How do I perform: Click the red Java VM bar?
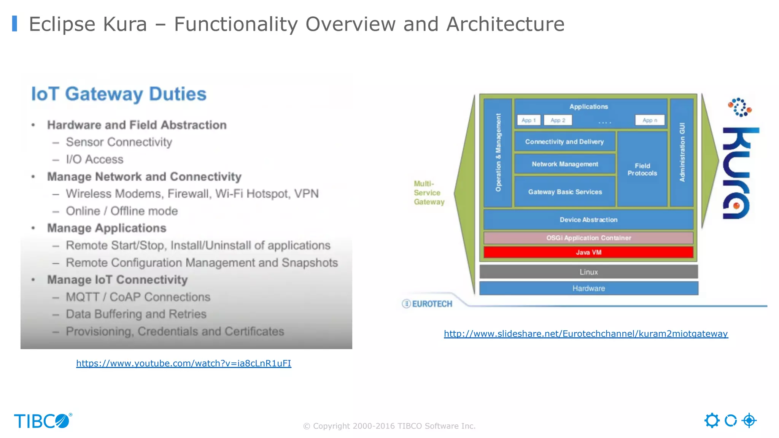click(588, 252)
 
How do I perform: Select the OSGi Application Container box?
click(588, 238)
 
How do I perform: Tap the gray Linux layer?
click(588, 272)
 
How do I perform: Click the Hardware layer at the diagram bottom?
click(588, 288)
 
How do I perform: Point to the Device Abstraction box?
click(588, 220)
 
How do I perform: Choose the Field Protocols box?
click(642, 170)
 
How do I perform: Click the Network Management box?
click(565, 164)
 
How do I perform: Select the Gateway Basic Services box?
click(565, 192)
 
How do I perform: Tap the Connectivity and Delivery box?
click(564, 142)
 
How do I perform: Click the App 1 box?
click(528, 120)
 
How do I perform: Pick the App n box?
click(650, 120)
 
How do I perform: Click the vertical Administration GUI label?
click(682, 152)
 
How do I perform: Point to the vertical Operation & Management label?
click(498, 152)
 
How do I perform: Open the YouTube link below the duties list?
click(184, 363)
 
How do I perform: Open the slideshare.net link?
click(586, 334)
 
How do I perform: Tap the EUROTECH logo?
click(428, 304)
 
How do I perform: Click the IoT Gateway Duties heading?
click(119, 94)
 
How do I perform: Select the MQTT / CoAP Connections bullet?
click(138, 297)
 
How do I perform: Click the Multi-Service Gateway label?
click(429, 193)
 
